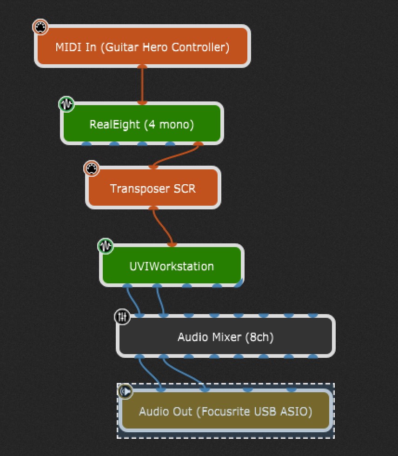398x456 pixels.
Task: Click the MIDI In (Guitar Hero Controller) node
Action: (x=142, y=47)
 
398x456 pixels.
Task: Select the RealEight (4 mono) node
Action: (x=142, y=124)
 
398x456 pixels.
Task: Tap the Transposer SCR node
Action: (x=153, y=188)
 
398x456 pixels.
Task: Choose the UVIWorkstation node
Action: (x=172, y=266)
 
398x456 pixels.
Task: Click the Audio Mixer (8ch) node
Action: (x=226, y=336)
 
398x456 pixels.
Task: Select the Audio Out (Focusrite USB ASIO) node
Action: (x=226, y=411)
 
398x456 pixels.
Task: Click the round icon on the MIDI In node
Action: (x=41, y=27)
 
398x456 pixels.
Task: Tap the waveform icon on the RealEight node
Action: (x=66, y=104)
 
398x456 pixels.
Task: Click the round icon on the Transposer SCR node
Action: (x=92, y=168)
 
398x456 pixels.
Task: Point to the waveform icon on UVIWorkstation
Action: (x=106, y=246)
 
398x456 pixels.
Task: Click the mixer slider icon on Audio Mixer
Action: (x=122, y=317)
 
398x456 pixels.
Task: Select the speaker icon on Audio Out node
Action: (x=126, y=392)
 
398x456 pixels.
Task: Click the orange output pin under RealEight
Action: (x=198, y=144)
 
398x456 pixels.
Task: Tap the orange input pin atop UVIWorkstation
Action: (x=172, y=244)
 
